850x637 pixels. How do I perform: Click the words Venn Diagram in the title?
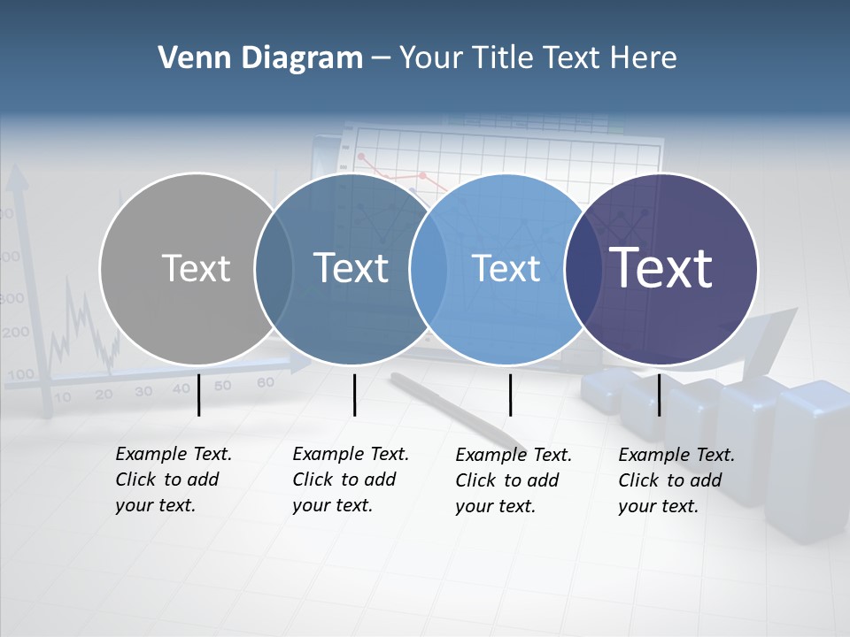(260, 58)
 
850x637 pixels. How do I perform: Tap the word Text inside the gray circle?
(196, 268)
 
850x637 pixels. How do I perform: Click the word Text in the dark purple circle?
(661, 268)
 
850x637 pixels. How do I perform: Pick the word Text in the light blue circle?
(506, 268)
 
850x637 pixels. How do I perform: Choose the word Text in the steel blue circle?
(352, 268)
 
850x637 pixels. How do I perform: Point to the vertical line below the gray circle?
(198, 395)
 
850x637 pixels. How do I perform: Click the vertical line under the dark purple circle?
(659, 395)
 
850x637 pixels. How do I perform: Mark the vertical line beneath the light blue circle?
(510, 395)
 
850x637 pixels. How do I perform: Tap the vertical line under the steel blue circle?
(354, 395)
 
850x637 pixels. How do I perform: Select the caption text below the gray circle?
(173, 480)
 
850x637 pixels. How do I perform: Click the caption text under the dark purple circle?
(676, 480)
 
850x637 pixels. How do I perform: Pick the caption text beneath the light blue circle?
(513, 480)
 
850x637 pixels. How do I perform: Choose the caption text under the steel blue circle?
(350, 480)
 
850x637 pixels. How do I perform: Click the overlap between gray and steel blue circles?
(274, 269)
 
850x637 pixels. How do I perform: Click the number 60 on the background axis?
(265, 383)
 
